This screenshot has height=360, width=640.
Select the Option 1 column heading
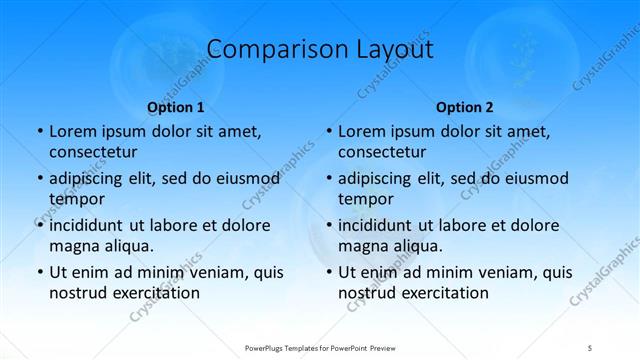175,107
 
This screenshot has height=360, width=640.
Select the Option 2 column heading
465,107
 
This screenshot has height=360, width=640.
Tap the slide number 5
591,346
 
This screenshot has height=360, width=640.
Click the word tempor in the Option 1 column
75,199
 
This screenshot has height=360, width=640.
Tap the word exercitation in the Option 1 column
156,293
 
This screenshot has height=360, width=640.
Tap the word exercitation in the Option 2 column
445,293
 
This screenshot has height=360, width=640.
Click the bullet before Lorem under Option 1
39,131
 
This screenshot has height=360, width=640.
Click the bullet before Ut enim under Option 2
328,272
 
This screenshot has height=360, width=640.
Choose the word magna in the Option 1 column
72,246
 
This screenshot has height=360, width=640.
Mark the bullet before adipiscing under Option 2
328,179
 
